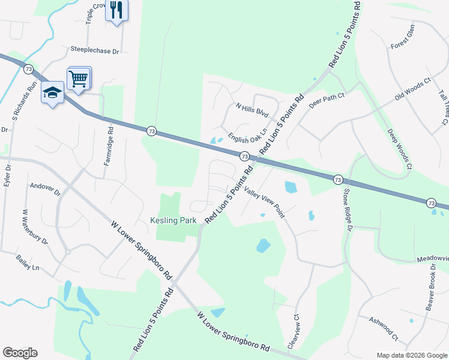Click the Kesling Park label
pos(173,221)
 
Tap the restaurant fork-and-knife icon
pos(116,10)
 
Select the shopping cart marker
pos(79,77)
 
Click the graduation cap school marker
pos(53,92)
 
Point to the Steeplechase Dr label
pos(95,51)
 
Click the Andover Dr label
pos(45,190)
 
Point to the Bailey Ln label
pos(28,262)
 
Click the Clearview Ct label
pos(295,332)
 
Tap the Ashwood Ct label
pos(383,326)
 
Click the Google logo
pos(20,353)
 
